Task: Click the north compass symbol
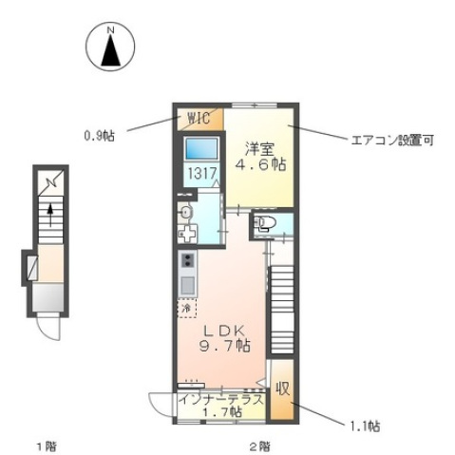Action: pos(111,48)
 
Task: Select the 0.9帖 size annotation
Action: pos(99,135)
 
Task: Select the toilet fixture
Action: pos(267,225)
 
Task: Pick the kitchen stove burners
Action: pos(187,261)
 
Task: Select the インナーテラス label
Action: pos(220,400)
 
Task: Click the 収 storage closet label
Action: pos(282,389)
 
